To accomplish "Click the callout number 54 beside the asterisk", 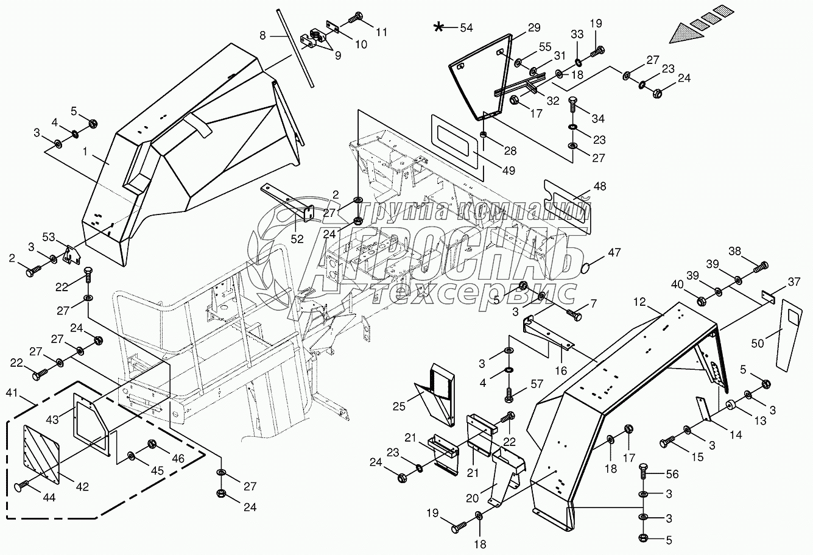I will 466,27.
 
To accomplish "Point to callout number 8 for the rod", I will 262,36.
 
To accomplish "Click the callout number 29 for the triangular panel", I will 533,27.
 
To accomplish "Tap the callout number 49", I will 508,172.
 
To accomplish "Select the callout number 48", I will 600,187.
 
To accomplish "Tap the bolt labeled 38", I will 761,266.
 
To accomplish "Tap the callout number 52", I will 297,239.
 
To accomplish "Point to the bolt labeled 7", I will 574,315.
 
